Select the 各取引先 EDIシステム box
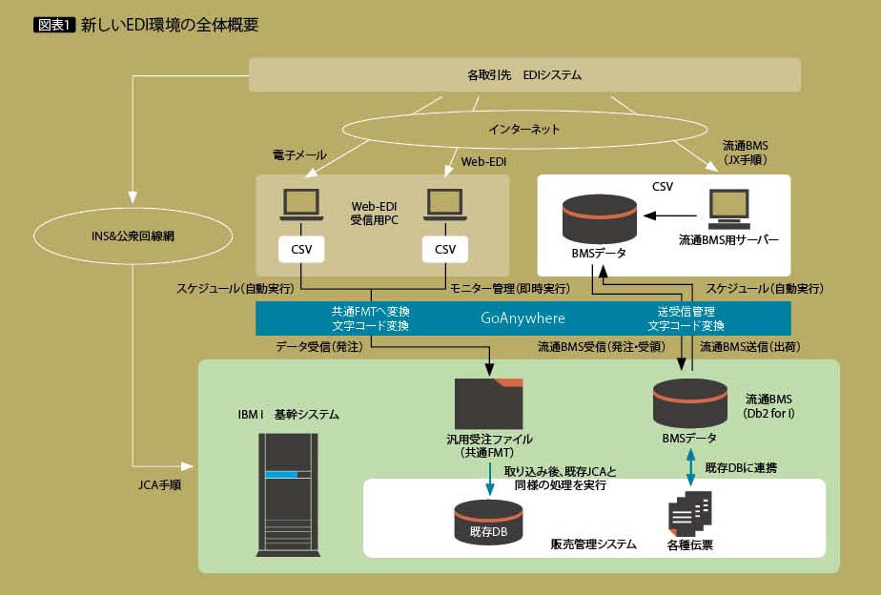(524, 74)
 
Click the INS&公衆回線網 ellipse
(133, 233)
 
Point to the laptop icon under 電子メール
(301, 202)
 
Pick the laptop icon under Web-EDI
(445, 202)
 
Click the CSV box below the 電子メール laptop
(301, 249)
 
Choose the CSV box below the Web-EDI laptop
(445, 249)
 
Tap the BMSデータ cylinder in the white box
(599, 219)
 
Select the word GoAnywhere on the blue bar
(522, 318)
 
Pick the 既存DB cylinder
(487, 523)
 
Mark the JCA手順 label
(158, 484)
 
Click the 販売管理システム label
(593, 544)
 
